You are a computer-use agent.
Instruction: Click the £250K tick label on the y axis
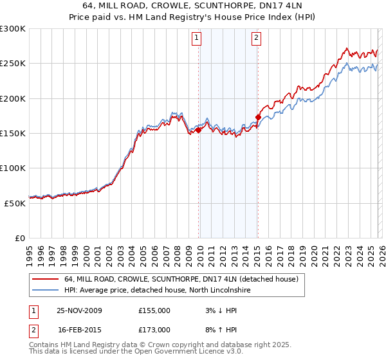tap(13, 64)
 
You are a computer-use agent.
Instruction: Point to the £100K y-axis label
tap(13, 168)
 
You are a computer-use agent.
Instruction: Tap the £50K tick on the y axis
tap(15, 203)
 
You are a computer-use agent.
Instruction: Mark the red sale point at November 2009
tap(198, 130)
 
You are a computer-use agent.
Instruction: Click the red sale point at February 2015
tap(258, 117)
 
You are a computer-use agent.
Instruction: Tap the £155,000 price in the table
tap(154, 310)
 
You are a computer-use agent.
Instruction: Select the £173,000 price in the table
tap(154, 329)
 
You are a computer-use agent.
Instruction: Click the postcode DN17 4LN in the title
tap(285, 6)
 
